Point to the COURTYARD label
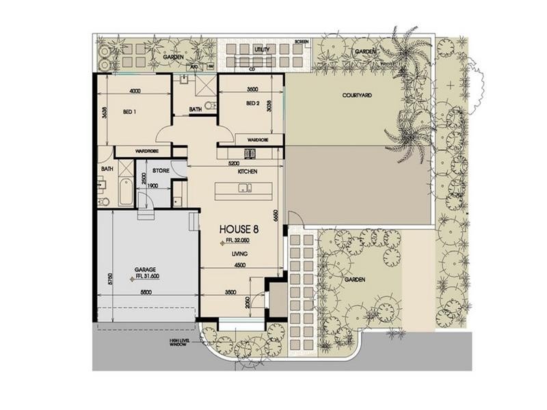click(356, 96)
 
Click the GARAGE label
click(144, 269)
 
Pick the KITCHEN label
click(247, 172)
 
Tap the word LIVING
click(239, 254)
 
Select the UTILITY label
click(263, 50)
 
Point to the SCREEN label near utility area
click(302, 42)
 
